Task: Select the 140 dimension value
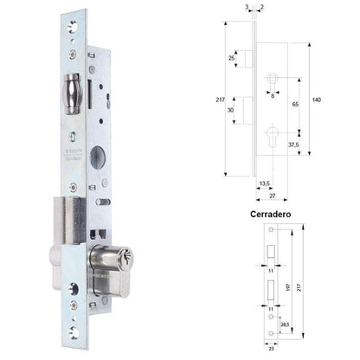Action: tap(316, 101)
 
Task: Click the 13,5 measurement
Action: tap(264, 183)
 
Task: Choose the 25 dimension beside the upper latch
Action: tap(233, 58)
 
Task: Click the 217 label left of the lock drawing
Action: tap(222, 100)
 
